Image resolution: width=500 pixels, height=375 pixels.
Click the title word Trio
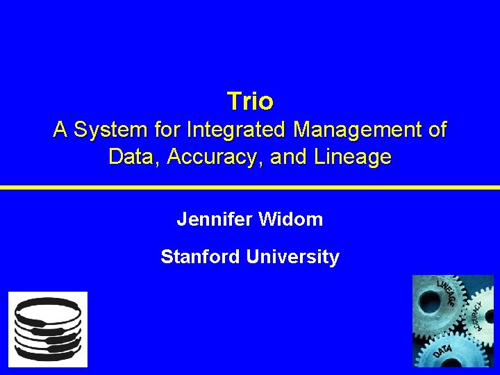point(250,102)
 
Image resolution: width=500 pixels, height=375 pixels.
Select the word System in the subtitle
point(107,130)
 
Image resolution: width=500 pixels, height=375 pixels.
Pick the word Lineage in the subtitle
point(352,158)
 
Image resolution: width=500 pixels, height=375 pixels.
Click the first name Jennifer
point(215,220)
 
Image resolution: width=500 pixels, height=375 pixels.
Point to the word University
point(292,257)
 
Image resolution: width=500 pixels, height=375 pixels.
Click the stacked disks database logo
point(48,329)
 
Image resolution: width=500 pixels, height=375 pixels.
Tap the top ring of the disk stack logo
point(48,305)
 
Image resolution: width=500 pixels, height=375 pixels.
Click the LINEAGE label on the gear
point(447,294)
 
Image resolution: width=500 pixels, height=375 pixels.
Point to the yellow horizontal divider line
point(250,187)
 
